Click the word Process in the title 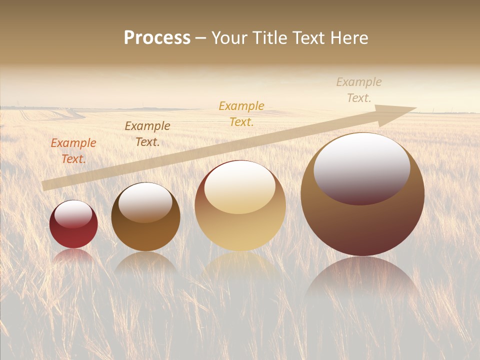(157, 38)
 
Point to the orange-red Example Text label (73, 151)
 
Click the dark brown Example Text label (147, 134)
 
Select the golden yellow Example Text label (241, 113)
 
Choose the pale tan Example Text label (359, 90)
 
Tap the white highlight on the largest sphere (361, 167)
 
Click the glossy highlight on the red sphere (73, 214)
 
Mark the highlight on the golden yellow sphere (240, 186)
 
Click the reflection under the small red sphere (73, 255)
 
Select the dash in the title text (201, 38)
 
